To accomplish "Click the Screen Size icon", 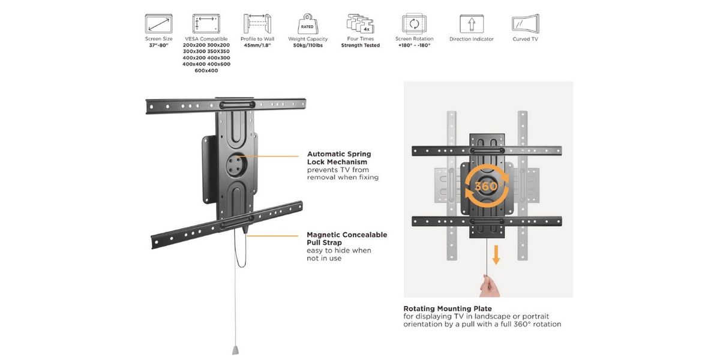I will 158,24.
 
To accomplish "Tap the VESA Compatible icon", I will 206,24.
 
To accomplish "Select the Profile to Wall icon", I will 258,24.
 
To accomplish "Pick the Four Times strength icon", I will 360,24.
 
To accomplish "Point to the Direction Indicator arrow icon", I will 472,24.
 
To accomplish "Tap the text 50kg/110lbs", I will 308,46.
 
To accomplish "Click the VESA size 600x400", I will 206,71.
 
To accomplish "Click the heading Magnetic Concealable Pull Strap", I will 347,239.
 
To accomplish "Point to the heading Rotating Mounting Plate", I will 448,309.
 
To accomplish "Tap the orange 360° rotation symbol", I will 487,186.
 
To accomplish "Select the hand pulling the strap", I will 489,286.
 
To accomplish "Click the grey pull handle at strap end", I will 236,349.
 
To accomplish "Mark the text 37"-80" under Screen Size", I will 158,46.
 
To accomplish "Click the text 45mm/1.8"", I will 258,46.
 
